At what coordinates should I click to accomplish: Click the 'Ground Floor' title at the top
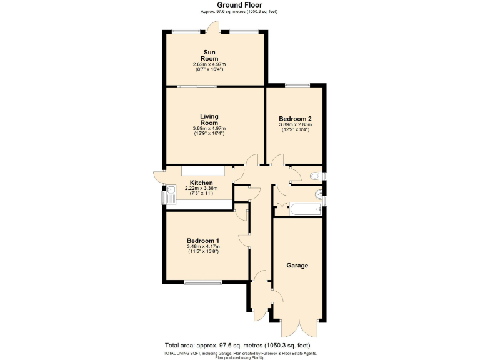(239, 5)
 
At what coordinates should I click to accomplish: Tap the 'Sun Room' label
(209, 55)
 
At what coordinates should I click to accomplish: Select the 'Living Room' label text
(209, 119)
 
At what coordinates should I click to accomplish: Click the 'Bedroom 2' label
(295, 119)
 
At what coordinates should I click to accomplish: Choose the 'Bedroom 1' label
(203, 241)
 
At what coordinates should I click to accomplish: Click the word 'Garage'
(297, 266)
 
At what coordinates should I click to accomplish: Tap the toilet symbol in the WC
(321, 175)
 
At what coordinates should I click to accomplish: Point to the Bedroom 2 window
(297, 84)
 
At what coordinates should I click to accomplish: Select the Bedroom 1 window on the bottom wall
(203, 282)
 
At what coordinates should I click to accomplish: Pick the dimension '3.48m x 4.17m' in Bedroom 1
(203, 247)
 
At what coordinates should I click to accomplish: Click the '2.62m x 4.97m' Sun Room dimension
(209, 64)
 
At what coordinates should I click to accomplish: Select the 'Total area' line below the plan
(237, 346)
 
